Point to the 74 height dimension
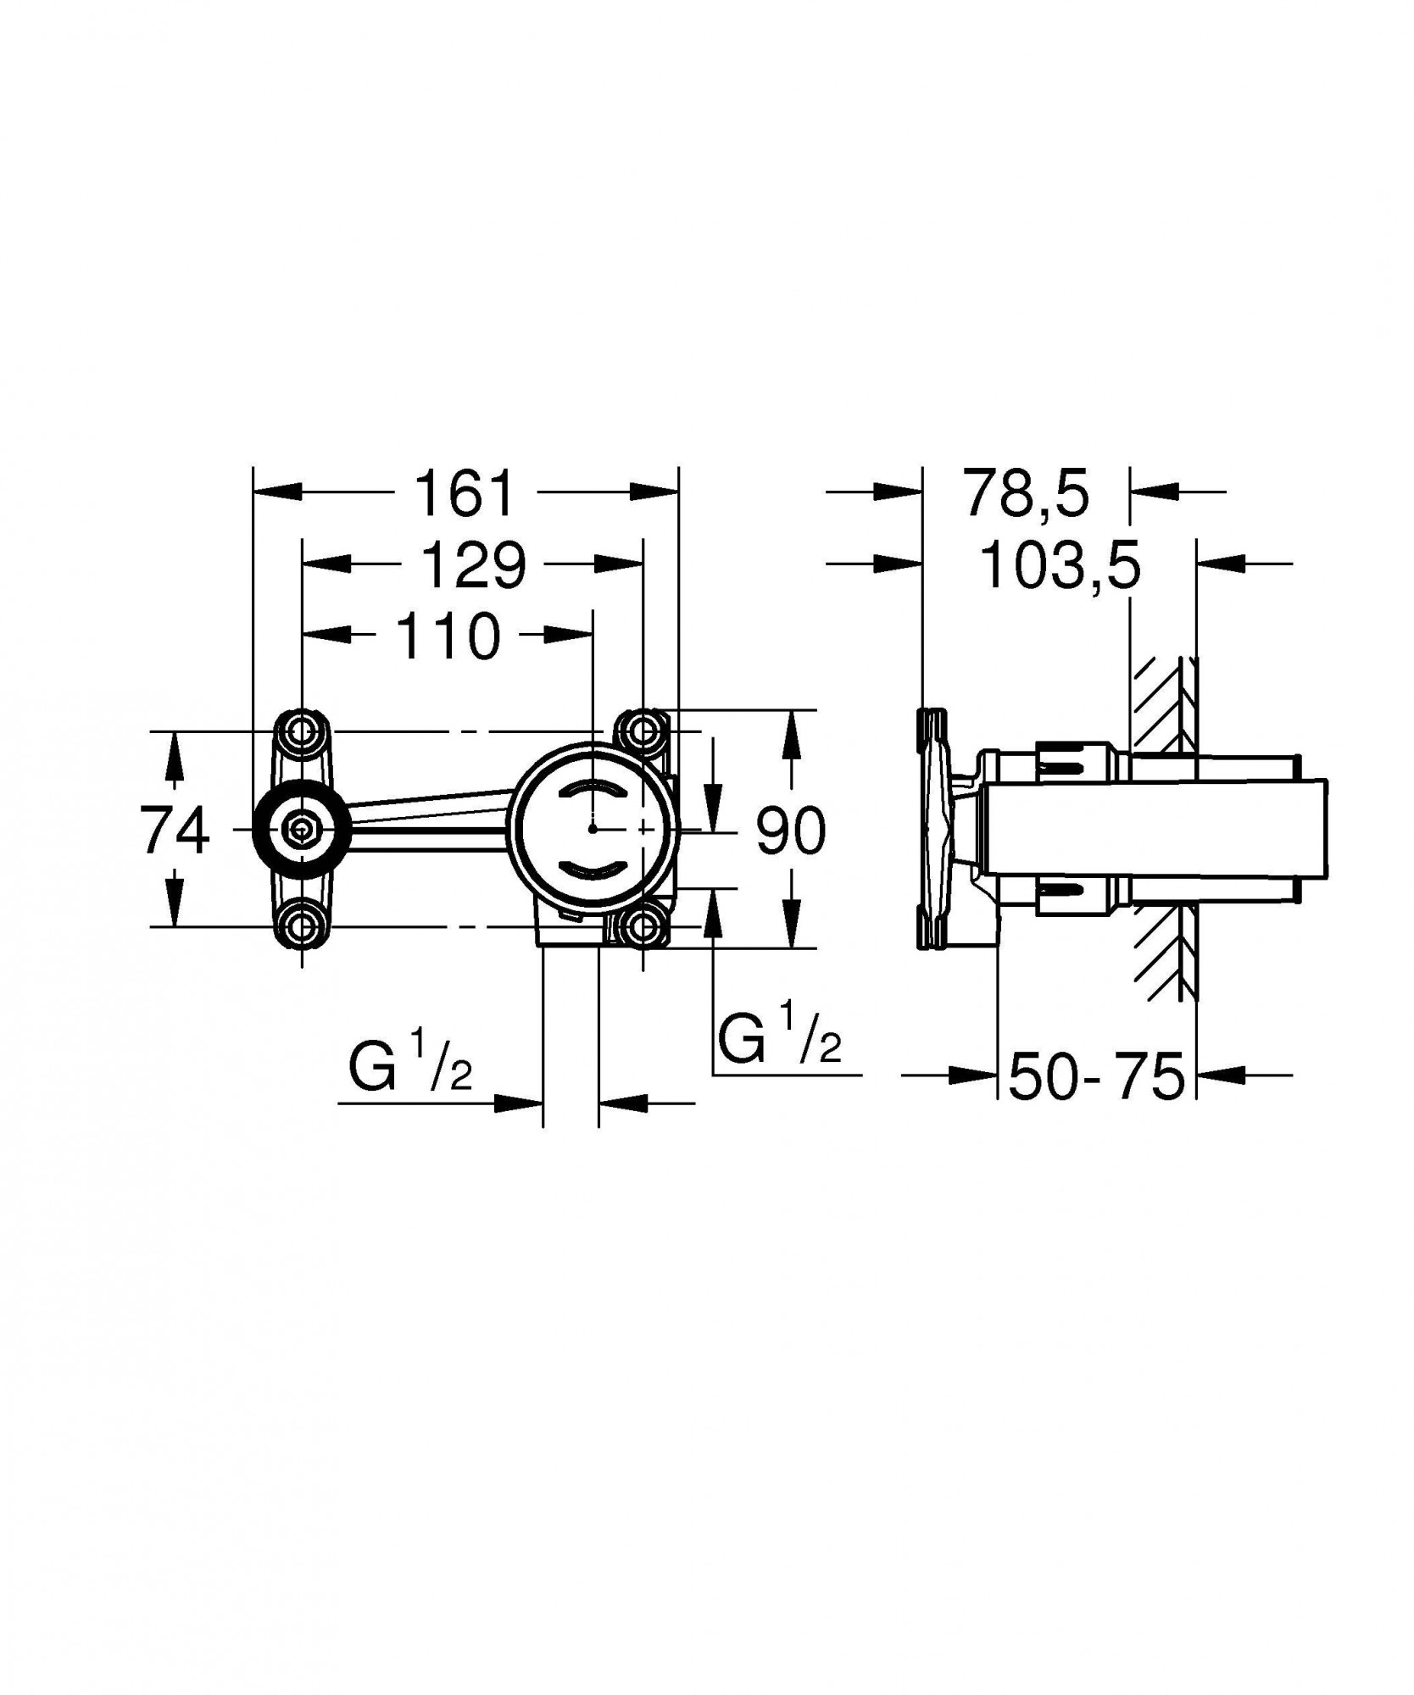(x=175, y=831)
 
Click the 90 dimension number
(x=790, y=831)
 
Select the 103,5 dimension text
(x=1060, y=566)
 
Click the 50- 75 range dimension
(x=1095, y=1076)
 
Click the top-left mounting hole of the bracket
(x=303, y=730)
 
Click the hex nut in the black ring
(x=300, y=830)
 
